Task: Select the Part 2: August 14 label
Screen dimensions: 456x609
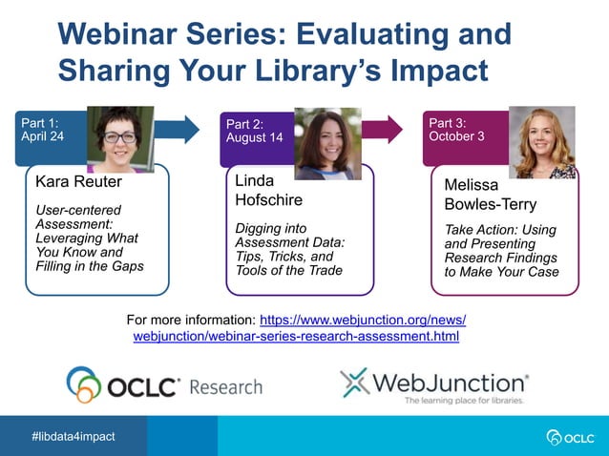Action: [254, 131]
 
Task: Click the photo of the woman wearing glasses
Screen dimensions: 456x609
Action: [120, 139]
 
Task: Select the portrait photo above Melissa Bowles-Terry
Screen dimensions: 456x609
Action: [541, 141]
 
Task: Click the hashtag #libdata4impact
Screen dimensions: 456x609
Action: [73, 436]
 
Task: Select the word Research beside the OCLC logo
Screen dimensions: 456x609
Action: [225, 386]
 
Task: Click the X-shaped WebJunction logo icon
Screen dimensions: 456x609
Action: [354, 383]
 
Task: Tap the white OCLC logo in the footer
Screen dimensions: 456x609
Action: [570, 437]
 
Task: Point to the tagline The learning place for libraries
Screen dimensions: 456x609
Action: [464, 401]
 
